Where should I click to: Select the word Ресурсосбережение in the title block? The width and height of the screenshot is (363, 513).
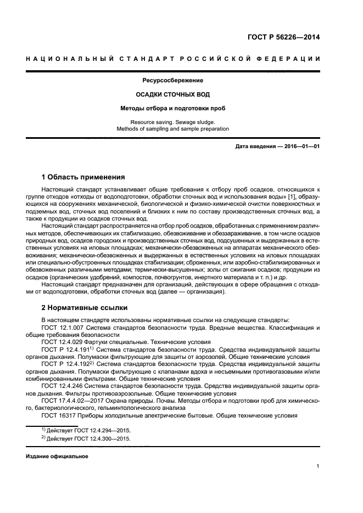tap(173, 81)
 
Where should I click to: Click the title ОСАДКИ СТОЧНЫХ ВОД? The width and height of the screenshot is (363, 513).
tap(173, 94)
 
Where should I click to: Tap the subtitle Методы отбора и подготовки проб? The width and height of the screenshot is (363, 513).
tap(173, 108)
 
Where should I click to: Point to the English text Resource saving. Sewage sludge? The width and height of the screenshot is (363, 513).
tap(173, 122)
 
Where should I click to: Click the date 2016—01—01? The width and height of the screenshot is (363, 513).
tap(301, 148)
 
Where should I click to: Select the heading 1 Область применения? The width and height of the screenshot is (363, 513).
tap(83, 177)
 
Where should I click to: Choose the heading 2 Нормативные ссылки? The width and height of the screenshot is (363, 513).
tap(83, 307)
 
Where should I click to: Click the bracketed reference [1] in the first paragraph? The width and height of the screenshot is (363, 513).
tap(291, 196)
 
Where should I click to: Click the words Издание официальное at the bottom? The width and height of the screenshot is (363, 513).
tap(57, 456)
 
